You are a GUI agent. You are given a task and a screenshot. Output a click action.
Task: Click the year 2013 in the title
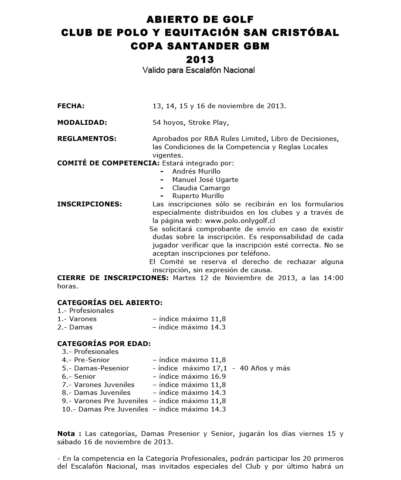(x=200, y=59)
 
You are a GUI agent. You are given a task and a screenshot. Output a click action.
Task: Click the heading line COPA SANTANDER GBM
(x=200, y=46)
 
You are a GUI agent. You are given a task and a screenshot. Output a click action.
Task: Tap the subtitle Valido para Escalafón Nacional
(x=198, y=70)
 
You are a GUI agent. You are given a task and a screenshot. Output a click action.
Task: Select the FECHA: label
(x=71, y=106)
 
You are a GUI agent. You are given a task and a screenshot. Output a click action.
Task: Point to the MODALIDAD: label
(x=82, y=123)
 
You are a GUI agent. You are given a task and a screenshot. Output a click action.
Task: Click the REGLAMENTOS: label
(x=87, y=139)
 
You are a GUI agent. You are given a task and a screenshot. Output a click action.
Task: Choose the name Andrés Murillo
(x=196, y=171)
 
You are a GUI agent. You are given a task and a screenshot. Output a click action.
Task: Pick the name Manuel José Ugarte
(x=205, y=180)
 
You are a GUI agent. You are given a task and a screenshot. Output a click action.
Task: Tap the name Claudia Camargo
(x=201, y=188)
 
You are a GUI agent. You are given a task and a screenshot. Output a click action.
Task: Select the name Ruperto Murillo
(x=198, y=196)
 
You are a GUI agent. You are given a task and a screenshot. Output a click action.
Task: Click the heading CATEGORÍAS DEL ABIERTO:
(x=110, y=302)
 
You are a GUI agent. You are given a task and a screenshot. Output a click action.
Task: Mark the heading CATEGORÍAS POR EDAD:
(x=104, y=343)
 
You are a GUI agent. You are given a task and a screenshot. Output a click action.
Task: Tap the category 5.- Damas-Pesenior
(x=95, y=368)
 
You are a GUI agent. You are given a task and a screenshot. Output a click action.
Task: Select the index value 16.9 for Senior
(x=218, y=377)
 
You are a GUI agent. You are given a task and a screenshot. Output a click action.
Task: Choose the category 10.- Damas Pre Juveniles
(x=105, y=409)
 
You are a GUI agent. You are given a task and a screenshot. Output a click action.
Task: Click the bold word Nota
(x=66, y=434)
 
